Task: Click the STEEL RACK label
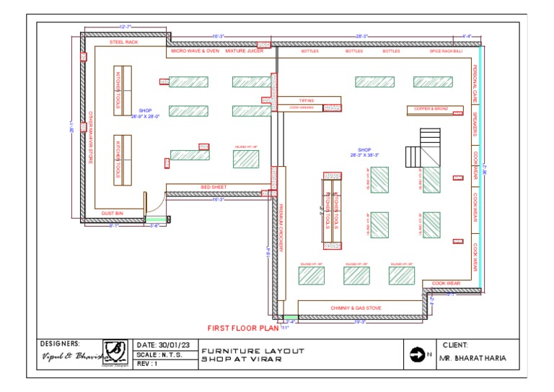click(123, 43)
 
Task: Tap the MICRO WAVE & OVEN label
click(195, 51)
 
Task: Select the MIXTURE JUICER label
click(244, 51)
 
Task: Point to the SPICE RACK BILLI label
click(446, 51)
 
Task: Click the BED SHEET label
click(214, 187)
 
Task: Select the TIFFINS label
click(306, 100)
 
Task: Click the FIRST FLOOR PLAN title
click(242, 328)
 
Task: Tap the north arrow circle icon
click(417, 354)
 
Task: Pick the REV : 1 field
click(147, 363)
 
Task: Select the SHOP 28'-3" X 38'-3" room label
click(364, 152)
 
